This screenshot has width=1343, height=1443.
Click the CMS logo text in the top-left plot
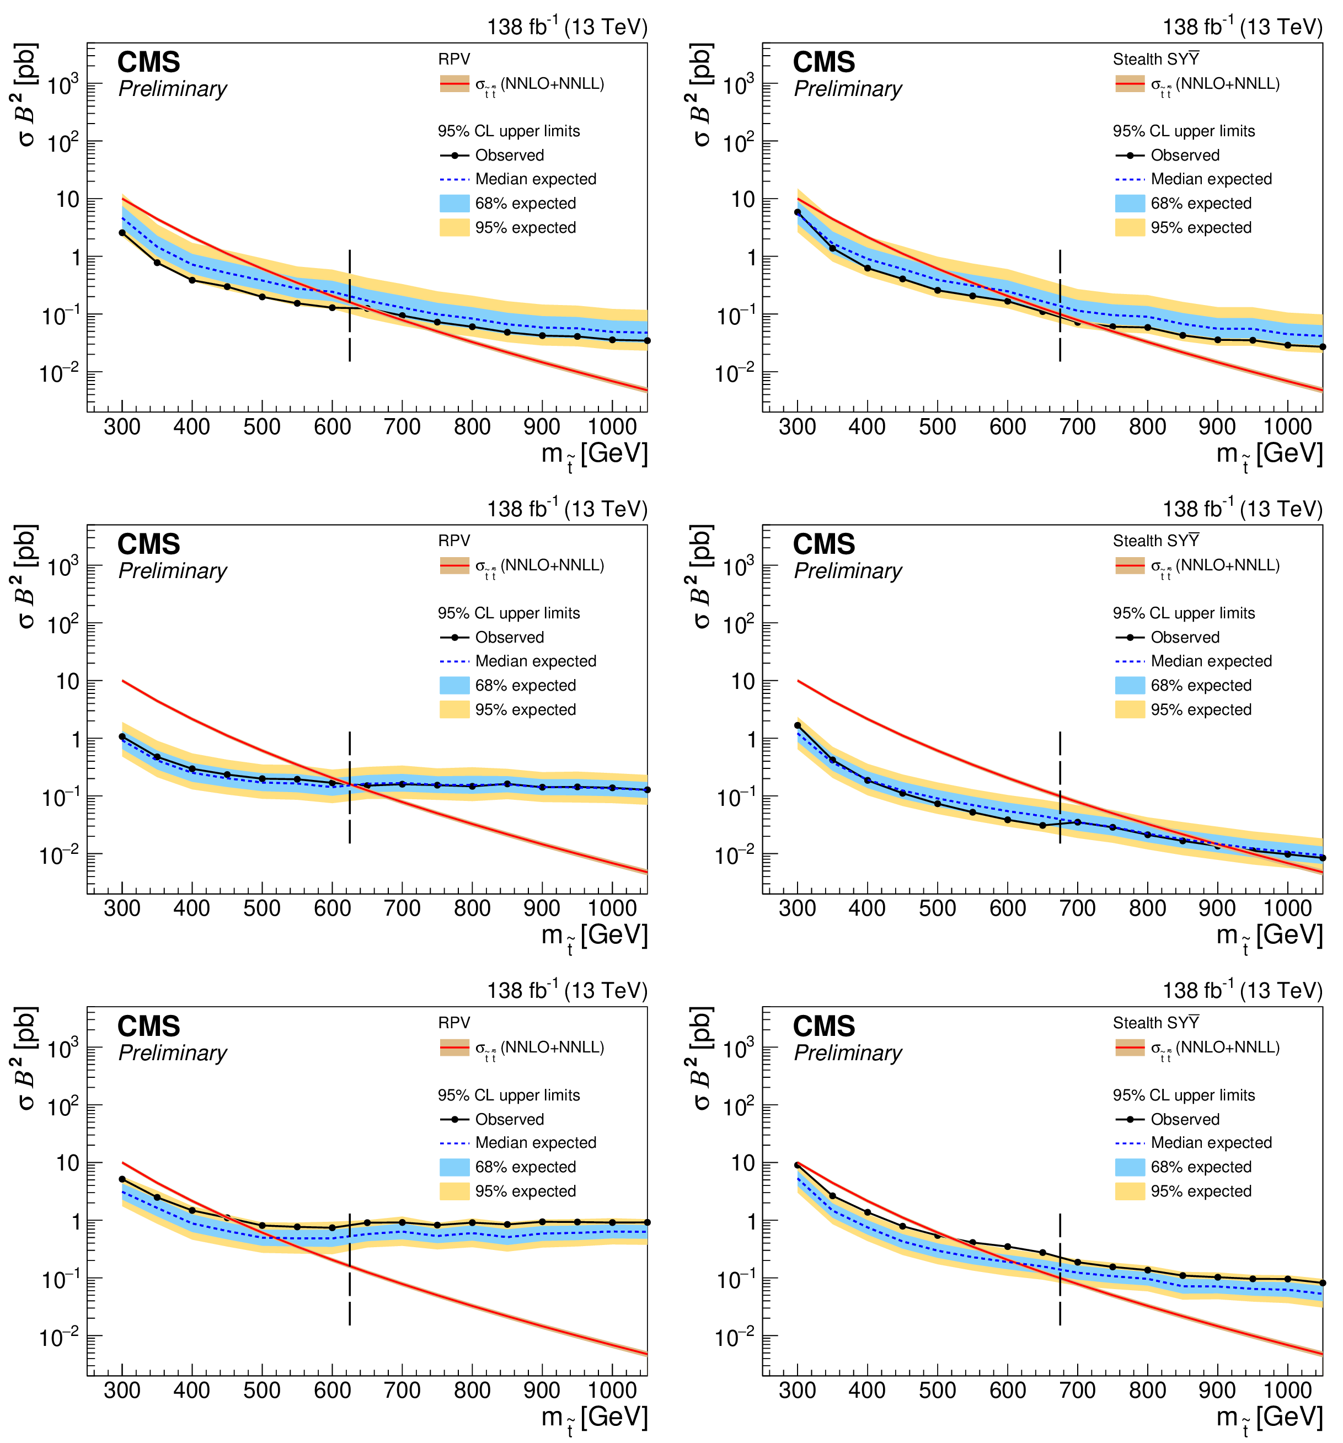(149, 62)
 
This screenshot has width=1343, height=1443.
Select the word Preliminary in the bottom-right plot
(847, 1052)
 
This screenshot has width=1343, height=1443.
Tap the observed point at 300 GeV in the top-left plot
(122, 233)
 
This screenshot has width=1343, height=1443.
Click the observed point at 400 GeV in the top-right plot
(868, 268)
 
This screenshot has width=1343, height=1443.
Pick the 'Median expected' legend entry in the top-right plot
(1210, 179)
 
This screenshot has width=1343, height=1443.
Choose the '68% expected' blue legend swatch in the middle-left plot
(454, 685)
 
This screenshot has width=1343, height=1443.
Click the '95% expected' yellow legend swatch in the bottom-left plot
(454, 1191)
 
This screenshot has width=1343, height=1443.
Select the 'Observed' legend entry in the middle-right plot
(1185, 637)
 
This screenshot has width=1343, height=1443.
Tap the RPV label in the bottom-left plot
(454, 1023)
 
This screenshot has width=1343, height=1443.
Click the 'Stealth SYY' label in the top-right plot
(1155, 60)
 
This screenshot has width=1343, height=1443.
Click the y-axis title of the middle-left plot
(25, 577)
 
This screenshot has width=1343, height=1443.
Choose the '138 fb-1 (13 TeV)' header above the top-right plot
(1242, 28)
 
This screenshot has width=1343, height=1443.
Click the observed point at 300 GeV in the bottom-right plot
(798, 1166)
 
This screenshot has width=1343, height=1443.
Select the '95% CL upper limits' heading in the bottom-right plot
(1183, 1095)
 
